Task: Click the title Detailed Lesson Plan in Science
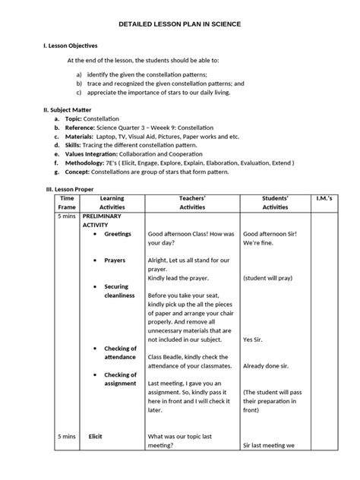(180, 24)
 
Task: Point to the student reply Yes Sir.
(255, 339)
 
